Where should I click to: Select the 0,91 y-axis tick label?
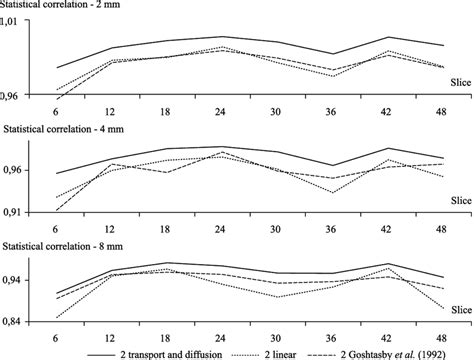[35, 212]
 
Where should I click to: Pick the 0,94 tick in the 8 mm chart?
[35, 281]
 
